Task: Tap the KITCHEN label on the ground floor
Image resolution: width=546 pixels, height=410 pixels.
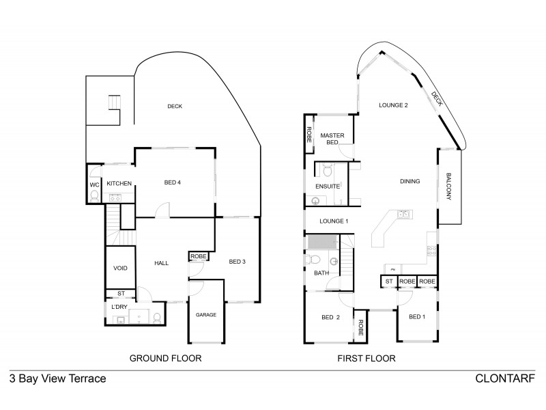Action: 119,183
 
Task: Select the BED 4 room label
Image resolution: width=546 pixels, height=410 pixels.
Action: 172,182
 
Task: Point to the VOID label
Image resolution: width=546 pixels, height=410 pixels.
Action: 120,269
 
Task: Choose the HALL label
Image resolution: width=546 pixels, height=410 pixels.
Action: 161,263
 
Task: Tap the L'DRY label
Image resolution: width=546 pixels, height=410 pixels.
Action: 119,307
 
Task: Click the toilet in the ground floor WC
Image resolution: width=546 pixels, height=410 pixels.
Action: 94,196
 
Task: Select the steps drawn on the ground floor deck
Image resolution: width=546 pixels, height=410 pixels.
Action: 113,103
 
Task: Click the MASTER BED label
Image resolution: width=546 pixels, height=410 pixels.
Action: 332,139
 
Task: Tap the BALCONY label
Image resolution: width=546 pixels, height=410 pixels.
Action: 450,186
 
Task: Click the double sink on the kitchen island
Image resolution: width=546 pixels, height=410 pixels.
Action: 403,215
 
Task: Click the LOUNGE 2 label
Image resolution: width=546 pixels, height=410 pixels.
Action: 393,105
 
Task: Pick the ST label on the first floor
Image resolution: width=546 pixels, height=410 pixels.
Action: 389,281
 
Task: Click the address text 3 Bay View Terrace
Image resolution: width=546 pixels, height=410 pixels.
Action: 57,378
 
